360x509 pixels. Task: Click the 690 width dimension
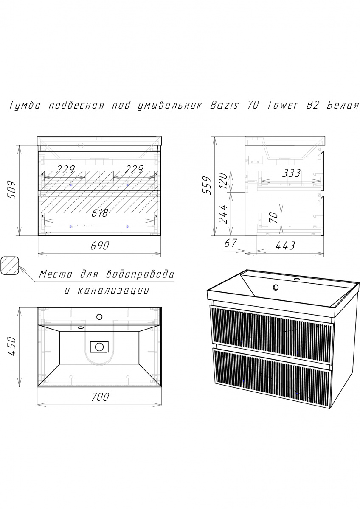[x=100, y=246]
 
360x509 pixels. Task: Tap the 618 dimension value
[x=100, y=213]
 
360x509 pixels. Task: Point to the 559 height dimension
[x=207, y=185]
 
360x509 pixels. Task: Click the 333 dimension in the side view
[x=291, y=173]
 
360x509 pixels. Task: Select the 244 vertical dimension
[x=223, y=214]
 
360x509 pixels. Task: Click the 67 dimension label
[x=231, y=243]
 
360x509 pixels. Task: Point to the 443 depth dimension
[x=285, y=246]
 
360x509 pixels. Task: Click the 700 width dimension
[x=100, y=397]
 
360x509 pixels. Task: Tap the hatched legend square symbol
[x=9, y=266]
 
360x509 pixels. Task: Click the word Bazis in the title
[x=224, y=105]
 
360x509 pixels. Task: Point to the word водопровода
[x=140, y=274]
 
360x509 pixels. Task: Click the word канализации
[x=113, y=291]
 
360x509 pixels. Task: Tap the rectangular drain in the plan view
[x=99, y=347]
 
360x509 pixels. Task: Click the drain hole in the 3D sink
[x=276, y=288]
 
